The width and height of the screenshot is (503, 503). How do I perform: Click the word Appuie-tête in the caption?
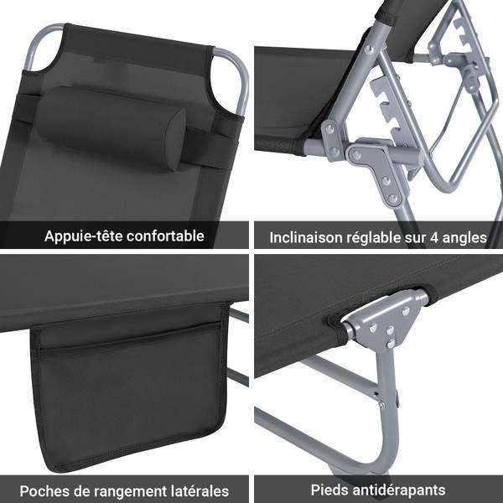point(83,236)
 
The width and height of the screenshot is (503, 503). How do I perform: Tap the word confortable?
point(165,236)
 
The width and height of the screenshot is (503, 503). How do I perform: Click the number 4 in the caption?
point(434,238)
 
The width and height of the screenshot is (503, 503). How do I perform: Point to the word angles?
point(464,239)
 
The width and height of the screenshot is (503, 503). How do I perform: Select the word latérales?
point(201,491)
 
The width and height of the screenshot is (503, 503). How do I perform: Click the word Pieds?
point(329,490)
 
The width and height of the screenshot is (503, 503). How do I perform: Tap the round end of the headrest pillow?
point(175,138)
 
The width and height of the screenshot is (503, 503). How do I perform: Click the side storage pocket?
point(128,385)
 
